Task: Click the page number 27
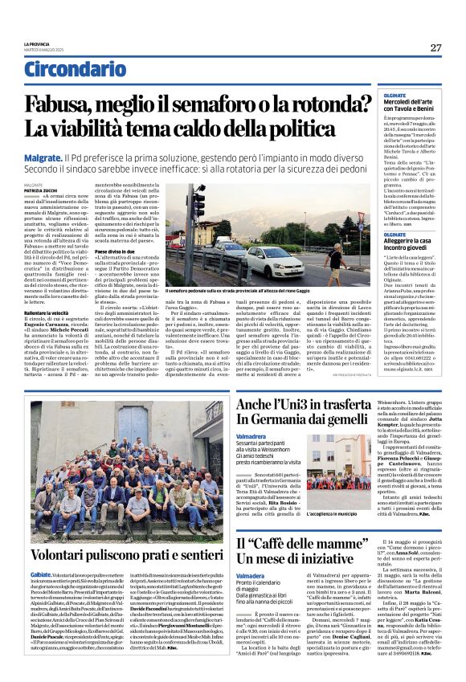(435, 47)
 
